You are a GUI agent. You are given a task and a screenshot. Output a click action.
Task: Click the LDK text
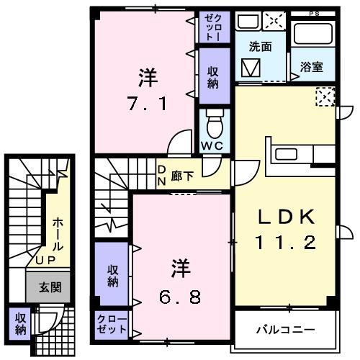coord(284,217)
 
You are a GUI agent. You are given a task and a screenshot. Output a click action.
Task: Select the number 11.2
coord(284,243)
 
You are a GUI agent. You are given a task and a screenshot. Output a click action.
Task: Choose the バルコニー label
coord(286,330)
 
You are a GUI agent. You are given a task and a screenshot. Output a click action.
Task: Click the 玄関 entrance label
coord(50,287)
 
